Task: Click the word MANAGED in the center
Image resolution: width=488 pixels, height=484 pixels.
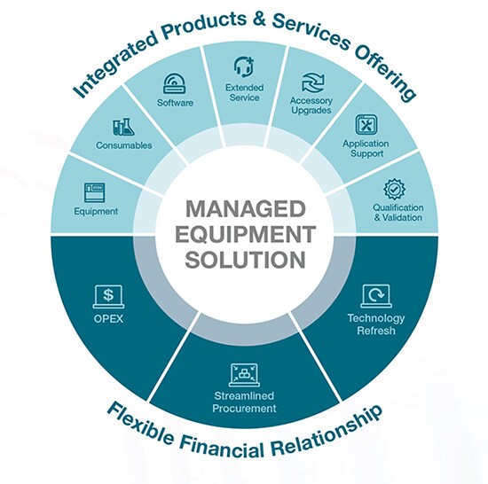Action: [x=245, y=209]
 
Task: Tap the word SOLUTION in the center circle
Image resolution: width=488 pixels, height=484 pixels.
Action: [x=245, y=259]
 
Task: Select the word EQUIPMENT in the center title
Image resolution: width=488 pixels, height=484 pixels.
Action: [x=245, y=234]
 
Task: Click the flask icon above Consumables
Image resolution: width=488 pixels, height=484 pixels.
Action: [x=123, y=127]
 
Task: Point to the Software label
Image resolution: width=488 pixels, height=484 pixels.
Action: [x=175, y=103]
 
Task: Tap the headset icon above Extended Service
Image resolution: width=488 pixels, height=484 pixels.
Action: [x=244, y=66]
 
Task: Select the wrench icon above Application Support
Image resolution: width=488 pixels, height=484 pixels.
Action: [x=366, y=125]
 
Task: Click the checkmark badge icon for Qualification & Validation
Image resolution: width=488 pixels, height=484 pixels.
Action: [x=394, y=189]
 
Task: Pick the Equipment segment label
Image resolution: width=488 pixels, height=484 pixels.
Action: [x=96, y=211]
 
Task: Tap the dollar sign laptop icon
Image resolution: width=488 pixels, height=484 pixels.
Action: [x=108, y=297]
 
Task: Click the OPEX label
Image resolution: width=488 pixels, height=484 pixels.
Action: [x=108, y=319]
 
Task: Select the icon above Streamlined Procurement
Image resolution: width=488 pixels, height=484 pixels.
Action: [x=244, y=375]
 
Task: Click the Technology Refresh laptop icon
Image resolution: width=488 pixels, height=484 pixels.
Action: [x=376, y=296]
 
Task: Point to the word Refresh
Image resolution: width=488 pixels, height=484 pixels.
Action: [x=376, y=331]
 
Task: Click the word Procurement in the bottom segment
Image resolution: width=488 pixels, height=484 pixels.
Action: [x=244, y=408]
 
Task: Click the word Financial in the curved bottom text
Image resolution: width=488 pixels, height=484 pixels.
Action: [x=221, y=445]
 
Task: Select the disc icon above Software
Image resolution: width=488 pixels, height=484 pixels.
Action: [x=175, y=83]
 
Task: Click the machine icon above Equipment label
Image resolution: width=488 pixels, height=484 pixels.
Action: [x=95, y=192]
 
